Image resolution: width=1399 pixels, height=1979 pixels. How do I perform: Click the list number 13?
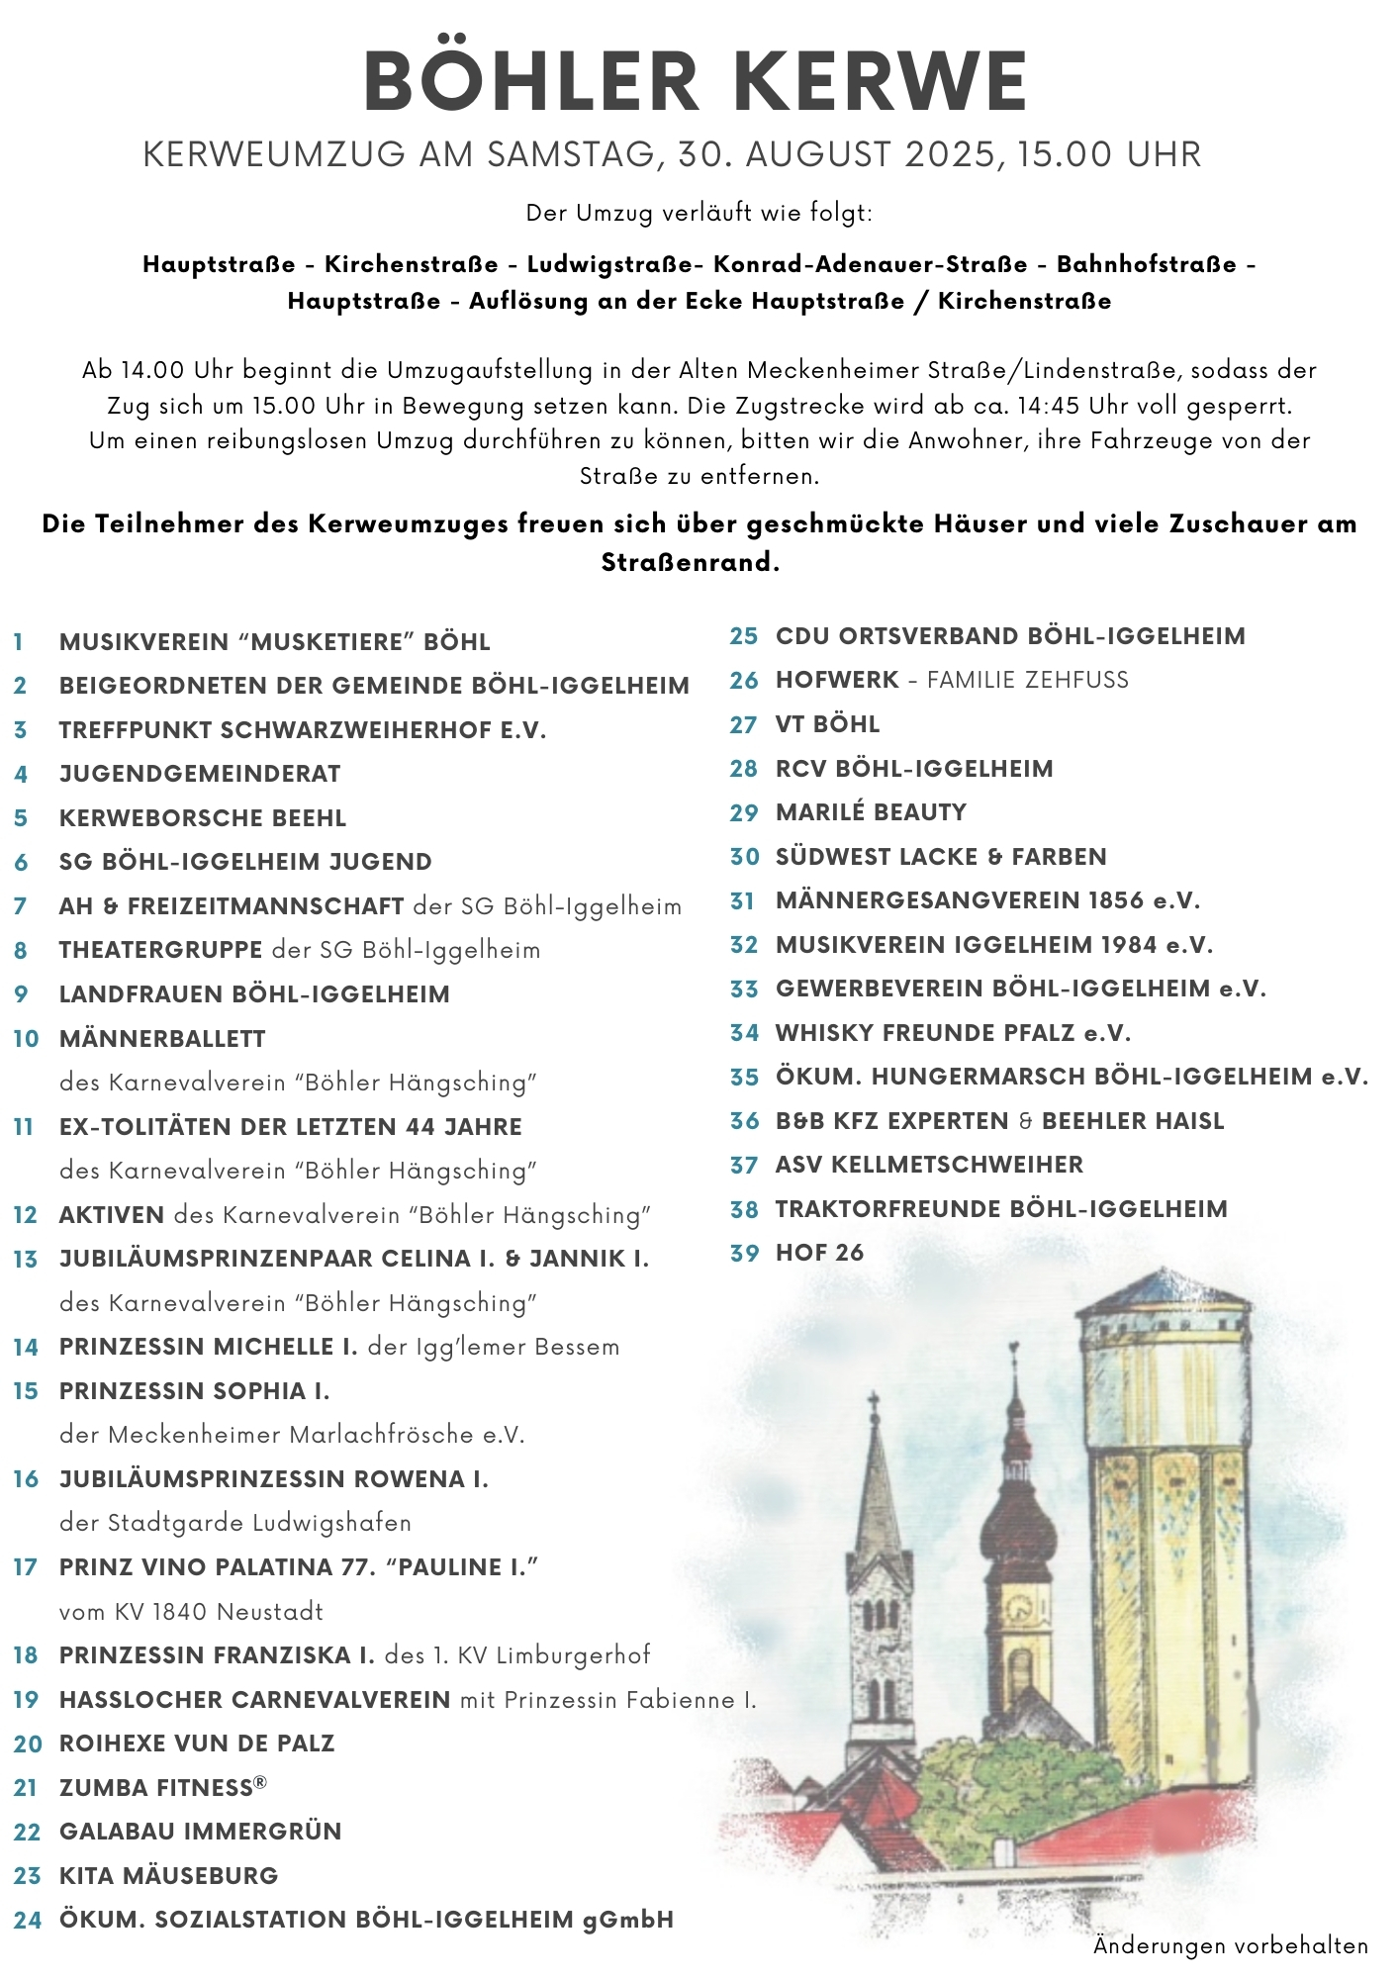click(x=26, y=1260)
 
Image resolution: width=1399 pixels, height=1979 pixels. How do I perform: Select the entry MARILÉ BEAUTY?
click(x=871, y=812)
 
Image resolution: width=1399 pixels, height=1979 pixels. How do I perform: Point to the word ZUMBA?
click(x=102, y=1788)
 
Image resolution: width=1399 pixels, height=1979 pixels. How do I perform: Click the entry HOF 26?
click(x=819, y=1253)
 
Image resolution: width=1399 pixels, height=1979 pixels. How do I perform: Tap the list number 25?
click(x=744, y=636)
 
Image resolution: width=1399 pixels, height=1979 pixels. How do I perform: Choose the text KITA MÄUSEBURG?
click(x=168, y=1876)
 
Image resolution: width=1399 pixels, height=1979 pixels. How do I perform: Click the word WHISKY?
click(x=824, y=1033)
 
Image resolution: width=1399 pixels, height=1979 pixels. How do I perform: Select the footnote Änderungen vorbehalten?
click(x=1230, y=1946)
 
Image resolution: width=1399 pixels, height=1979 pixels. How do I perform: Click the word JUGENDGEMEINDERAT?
click(x=200, y=774)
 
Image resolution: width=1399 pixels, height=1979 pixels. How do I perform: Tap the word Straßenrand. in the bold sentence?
click(x=691, y=563)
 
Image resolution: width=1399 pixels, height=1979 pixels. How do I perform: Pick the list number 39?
click(x=744, y=1254)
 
